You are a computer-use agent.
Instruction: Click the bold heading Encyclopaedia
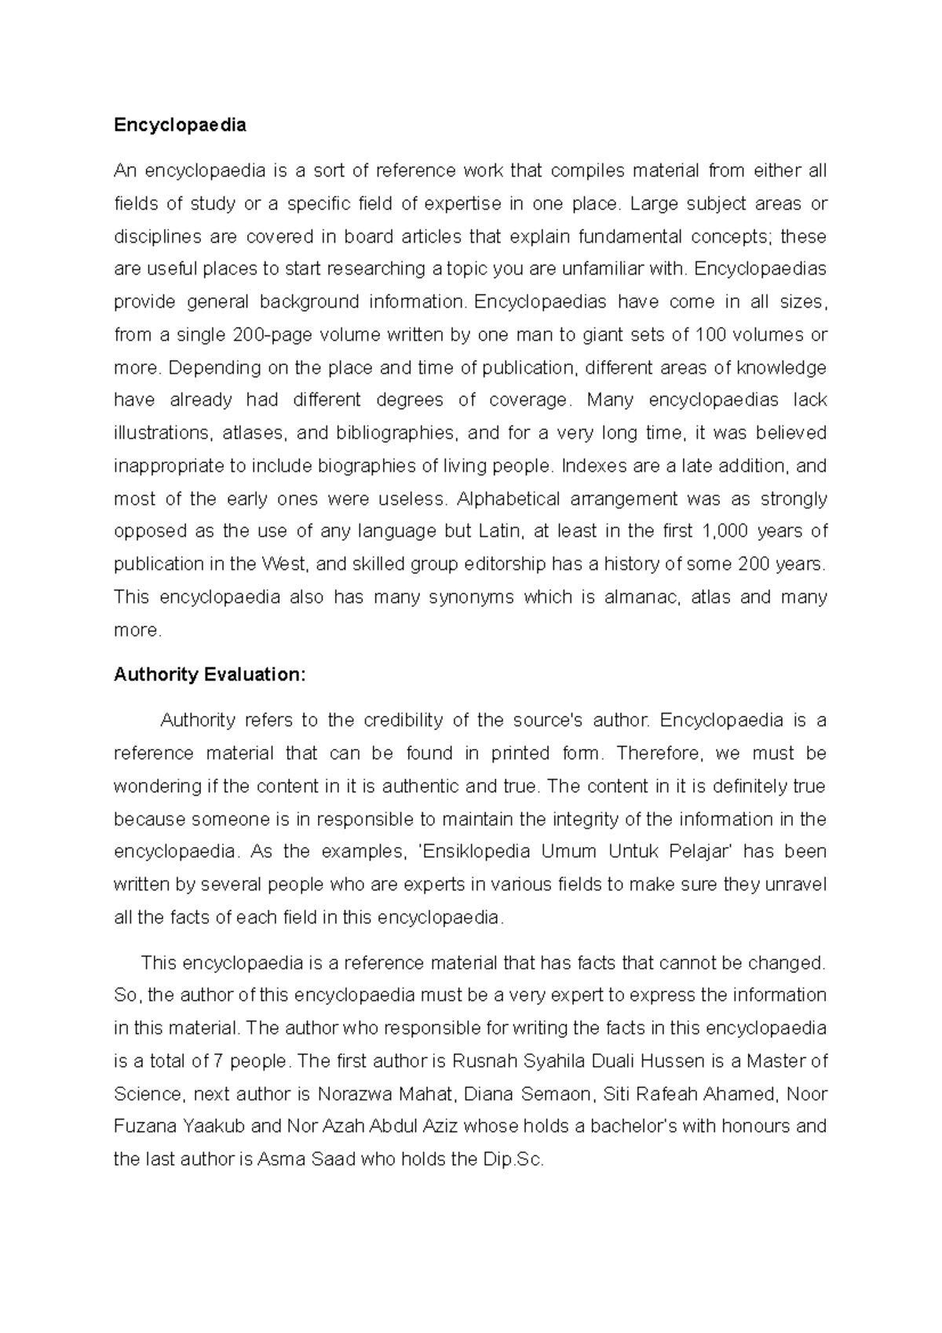coord(180,125)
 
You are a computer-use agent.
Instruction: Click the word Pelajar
coord(700,852)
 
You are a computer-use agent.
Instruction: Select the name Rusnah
coord(480,1062)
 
